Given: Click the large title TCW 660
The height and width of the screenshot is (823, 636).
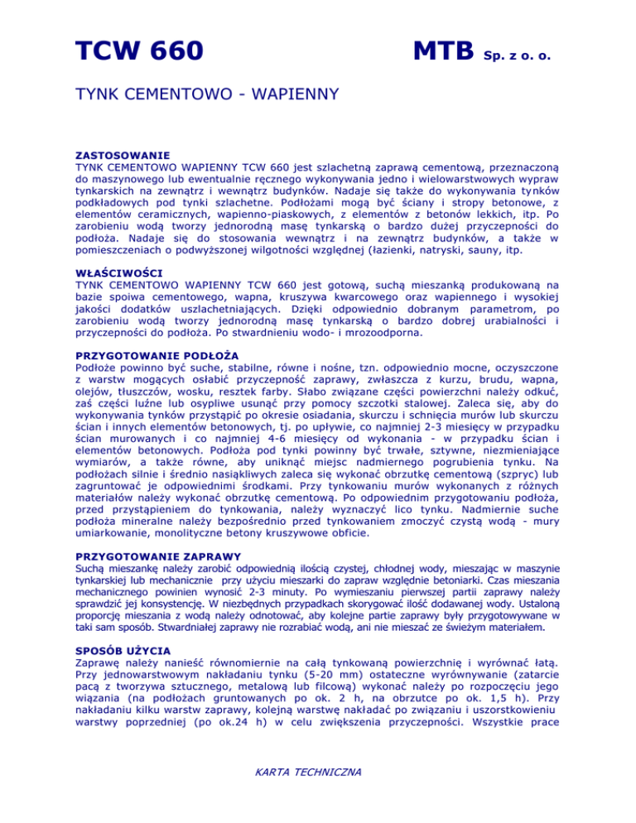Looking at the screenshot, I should (140, 52).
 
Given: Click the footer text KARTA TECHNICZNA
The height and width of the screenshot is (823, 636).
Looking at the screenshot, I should (318, 773).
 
